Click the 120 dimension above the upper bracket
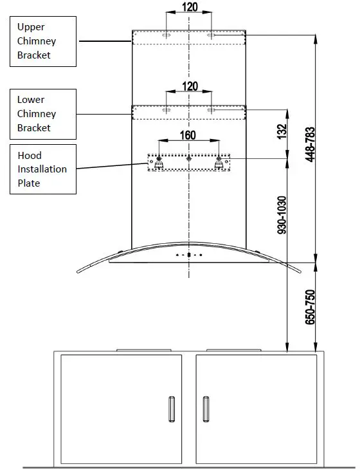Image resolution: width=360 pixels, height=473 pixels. pyautogui.click(x=190, y=8)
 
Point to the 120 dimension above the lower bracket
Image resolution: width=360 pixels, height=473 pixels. pyautogui.click(x=190, y=86)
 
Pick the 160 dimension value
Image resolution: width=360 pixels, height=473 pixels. pyautogui.click(x=188, y=136)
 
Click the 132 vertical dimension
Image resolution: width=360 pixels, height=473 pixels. pyautogui.click(x=281, y=131)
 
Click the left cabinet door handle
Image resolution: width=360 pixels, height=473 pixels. pyautogui.click(x=171, y=410)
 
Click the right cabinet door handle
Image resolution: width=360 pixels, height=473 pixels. pyautogui.click(x=206, y=410)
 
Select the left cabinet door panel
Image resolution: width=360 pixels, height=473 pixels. pyautogui.click(x=121, y=409)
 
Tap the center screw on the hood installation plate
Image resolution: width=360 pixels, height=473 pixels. pyautogui.click(x=189, y=158)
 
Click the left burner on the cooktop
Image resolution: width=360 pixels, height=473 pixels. pyautogui.click(x=145, y=350)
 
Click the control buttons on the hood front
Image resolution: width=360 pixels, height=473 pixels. pyautogui.click(x=189, y=255)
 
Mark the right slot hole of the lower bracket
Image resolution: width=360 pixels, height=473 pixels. pyautogui.click(x=211, y=111)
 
